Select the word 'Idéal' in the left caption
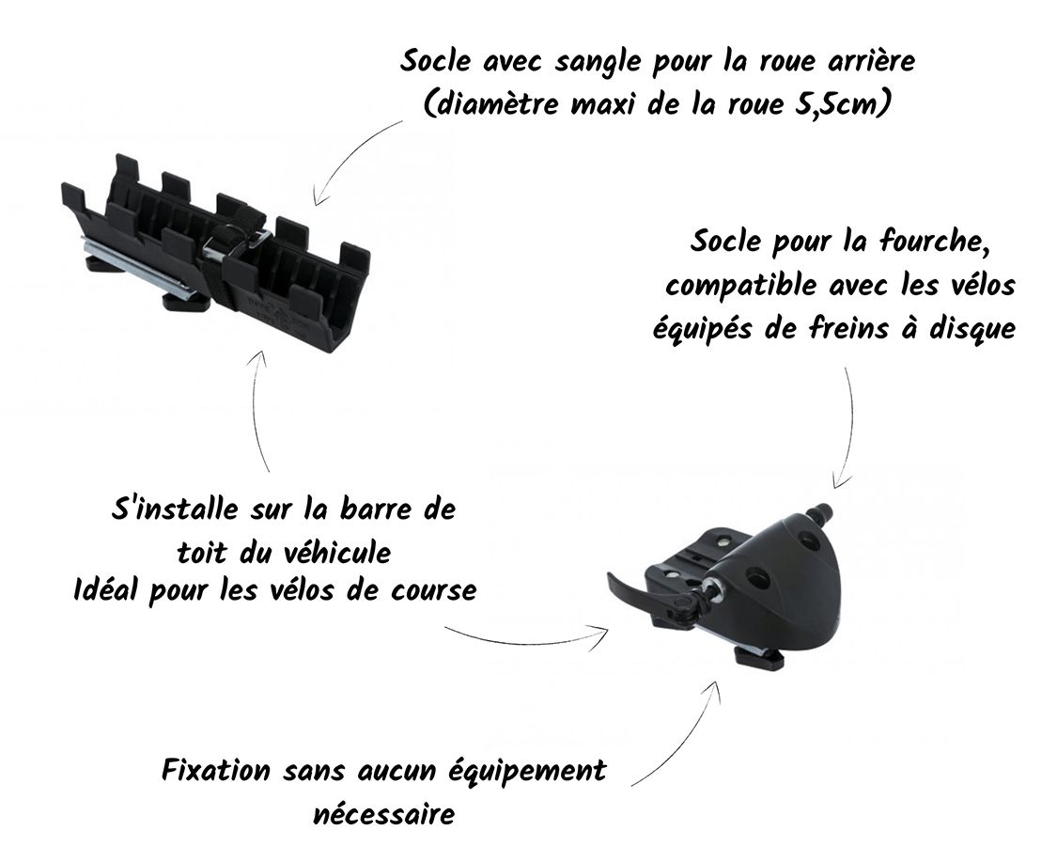[x=106, y=590]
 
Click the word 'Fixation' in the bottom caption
[x=216, y=770]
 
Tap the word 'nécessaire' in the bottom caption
[x=383, y=814]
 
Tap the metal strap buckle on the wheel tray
[x=235, y=242]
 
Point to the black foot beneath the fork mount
[x=757, y=656]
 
